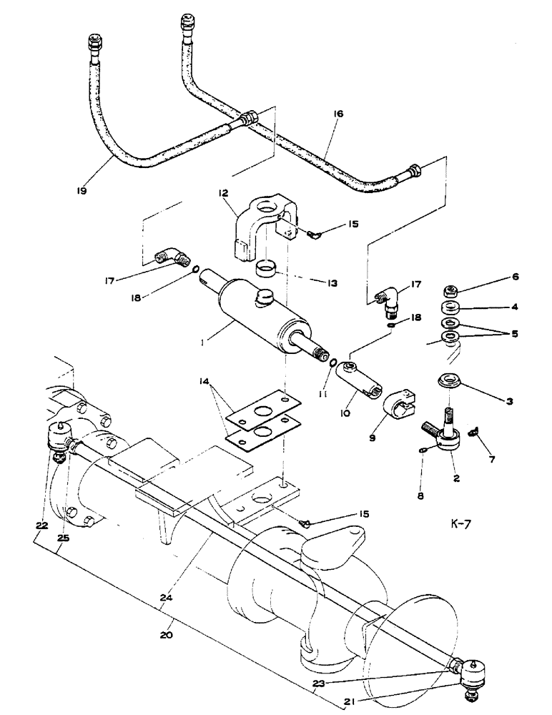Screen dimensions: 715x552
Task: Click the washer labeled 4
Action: (x=451, y=308)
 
